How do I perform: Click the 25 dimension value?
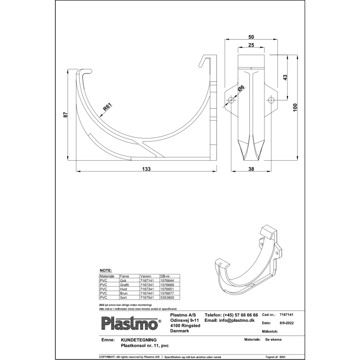pos(251,46)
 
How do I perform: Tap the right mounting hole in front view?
pos(270,100)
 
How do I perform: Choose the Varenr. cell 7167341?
pos(147,288)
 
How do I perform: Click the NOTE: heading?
pos(106,270)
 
